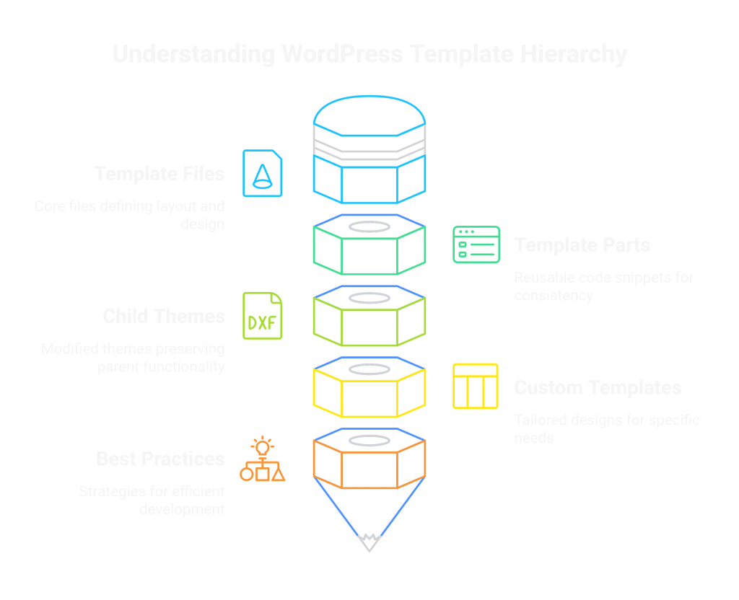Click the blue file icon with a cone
coord(263,173)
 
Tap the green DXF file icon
coord(263,316)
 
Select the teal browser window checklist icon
coord(476,245)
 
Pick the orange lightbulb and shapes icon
coord(262,459)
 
